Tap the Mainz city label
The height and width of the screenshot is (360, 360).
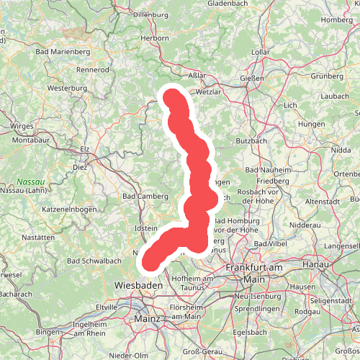coord(146,318)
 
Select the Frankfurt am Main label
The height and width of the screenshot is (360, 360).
coord(251,273)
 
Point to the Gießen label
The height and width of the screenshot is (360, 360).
coord(253,78)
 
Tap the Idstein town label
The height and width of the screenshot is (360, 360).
coord(146,228)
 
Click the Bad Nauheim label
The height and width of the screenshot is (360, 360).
coord(268,169)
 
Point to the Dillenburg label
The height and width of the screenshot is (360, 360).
coord(150,14)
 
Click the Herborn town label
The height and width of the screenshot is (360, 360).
coord(155,38)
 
